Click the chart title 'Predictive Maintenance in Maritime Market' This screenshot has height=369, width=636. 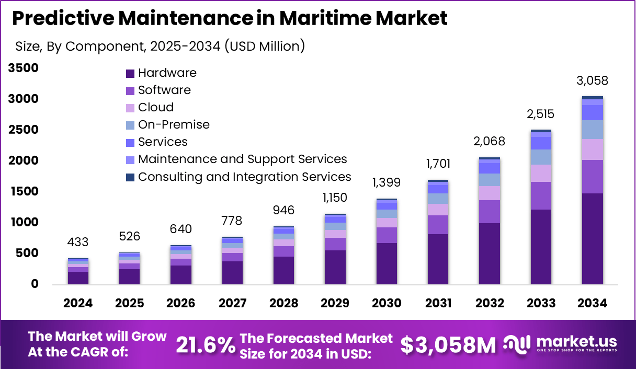tap(230, 18)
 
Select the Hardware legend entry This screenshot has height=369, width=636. tap(167, 73)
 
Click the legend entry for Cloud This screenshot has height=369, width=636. tap(155, 108)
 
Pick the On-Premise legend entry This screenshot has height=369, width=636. tap(173, 125)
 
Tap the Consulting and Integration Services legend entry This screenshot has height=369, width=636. tap(244, 177)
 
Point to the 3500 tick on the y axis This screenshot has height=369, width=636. tap(23, 68)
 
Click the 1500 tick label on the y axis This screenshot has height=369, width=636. tap(23, 192)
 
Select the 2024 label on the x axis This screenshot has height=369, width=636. tap(78, 304)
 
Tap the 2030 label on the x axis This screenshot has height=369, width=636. tap(387, 304)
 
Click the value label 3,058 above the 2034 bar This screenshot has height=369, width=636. tap(592, 81)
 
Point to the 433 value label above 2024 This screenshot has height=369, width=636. tap(78, 243)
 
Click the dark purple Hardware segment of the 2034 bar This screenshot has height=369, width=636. tap(592, 239)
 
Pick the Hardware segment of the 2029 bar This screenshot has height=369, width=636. tap(335, 267)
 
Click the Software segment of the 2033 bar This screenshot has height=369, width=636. tap(541, 196)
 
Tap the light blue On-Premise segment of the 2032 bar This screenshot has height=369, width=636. tap(490, 180)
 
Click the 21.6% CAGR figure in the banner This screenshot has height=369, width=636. tap(205, 345)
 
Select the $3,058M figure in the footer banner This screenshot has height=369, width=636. tap(448, 345)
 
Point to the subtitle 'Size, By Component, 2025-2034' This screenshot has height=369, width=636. tap(160, 46)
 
